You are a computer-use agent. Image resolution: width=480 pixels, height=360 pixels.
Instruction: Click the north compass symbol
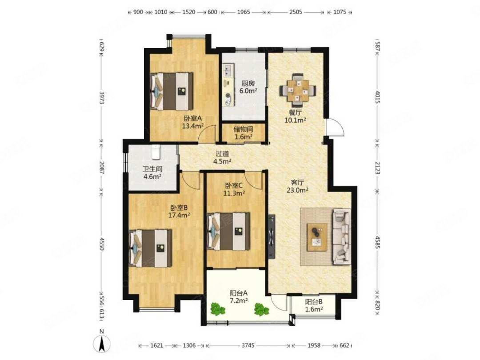click(102, 343)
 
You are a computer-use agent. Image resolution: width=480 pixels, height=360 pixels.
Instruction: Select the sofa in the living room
click(341, 236)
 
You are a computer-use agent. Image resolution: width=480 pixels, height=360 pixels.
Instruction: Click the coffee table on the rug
click(317, 237)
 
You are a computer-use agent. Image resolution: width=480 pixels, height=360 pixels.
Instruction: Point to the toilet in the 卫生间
click(156, 152)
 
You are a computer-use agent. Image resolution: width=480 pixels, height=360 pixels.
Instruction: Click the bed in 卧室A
click(172, 91)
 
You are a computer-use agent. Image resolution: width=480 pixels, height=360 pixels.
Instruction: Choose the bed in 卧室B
click(151, 248)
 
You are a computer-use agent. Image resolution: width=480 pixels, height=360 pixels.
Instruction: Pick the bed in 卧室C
click(228, 232)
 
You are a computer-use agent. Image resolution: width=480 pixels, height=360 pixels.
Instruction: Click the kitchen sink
click(228, 70)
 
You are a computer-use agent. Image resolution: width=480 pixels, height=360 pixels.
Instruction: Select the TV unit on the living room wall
click(272, 236)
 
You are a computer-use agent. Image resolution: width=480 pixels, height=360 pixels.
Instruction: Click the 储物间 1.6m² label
click(244, 133)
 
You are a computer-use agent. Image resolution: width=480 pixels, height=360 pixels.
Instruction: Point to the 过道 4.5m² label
click(222, 157)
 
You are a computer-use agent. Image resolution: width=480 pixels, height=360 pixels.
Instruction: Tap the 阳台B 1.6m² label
click(314, 305)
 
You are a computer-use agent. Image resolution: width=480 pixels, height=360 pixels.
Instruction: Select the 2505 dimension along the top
click(296, 12)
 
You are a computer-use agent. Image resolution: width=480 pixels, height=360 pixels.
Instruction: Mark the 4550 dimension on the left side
click(102, 243)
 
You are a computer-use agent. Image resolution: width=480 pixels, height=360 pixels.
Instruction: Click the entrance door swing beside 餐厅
click(335, 127)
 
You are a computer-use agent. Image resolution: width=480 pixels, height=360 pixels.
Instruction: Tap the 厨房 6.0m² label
click(248, 87)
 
